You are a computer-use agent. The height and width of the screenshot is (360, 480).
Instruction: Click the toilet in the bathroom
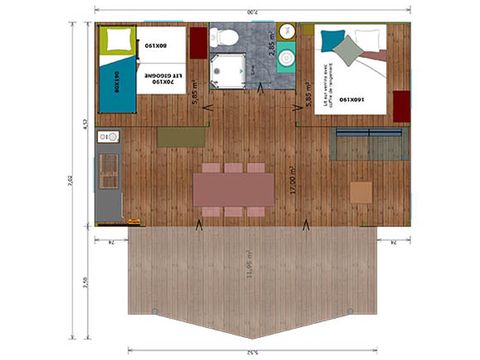(x=228, y=38)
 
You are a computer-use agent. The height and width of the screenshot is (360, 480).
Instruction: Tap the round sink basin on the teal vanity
(x=287, y=59)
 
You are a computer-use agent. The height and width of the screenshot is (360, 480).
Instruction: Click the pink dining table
(x=233, y=187)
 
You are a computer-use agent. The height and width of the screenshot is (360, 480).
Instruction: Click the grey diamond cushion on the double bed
(x=347, y=49)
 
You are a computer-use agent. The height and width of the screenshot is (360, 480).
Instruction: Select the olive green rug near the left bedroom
(x=180, y=137)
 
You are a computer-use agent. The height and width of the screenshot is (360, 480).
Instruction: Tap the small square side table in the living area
(x=360, y=191)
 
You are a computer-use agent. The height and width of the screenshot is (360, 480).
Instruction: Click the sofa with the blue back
(x=369, y=144)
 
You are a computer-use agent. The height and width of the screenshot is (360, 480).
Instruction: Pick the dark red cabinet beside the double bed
(x=402, y=104)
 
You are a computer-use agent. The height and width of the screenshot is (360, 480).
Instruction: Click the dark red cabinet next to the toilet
(x=198, y=42)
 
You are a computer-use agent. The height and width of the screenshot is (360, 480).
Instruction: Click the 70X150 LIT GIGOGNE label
(x=164, y=77)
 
